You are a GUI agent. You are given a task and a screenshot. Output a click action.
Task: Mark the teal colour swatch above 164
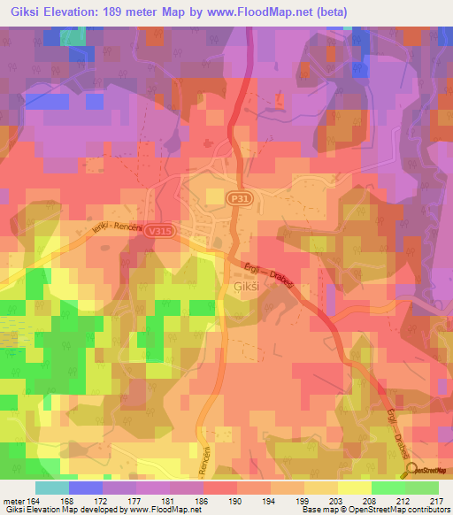(51, 488)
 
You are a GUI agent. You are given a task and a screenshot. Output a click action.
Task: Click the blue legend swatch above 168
(85, 488)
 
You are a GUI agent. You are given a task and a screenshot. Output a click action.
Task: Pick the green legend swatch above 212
(388, 488)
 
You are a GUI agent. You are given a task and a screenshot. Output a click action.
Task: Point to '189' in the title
(132, 12)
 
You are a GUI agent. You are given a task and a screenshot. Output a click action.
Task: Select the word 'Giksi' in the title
(24, 12)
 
